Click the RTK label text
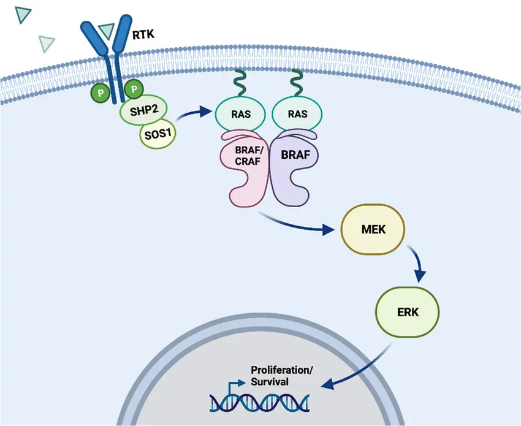(x=143, y=34)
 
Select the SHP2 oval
(x=143, y=110)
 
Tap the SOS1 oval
(x=158, y=134)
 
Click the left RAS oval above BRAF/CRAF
(x=240, y=114)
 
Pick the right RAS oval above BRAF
(x=297, y=114)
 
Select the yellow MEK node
(x=373, y=229)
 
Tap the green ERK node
(x=408, y=312)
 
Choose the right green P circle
(x=134, y=89)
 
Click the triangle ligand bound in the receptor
(x=107, y=30)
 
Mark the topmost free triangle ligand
(x=23, y=15)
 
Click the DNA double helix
(x=259, y=402)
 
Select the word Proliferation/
(x=282, y=370)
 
